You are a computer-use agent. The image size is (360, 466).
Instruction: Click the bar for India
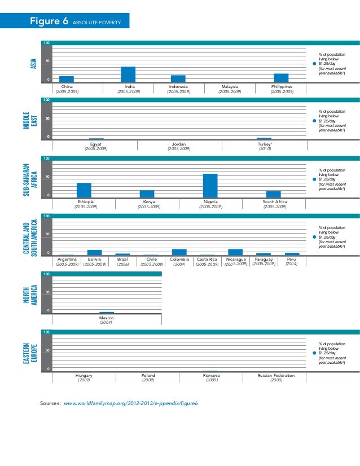point(128,74)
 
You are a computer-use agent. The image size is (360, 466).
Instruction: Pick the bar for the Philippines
point(281,78)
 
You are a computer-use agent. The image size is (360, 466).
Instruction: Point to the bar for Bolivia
point(95,253)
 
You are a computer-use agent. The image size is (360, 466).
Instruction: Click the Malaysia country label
point(230,86)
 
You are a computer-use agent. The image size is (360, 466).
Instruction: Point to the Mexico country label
point(107,318)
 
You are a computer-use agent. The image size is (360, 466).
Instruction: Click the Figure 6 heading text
point(50,22)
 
